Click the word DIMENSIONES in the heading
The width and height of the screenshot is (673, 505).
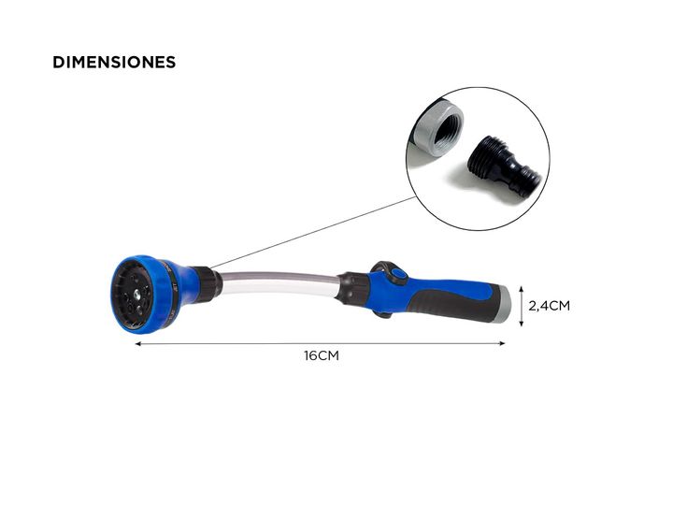tap(114, 63)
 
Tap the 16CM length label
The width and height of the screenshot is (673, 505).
tap(322, 356)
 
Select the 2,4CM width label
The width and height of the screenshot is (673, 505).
tap(549, 306)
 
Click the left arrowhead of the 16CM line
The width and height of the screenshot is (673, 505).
tap(138, 343)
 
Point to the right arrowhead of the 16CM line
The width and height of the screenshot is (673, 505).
tap(502, 343)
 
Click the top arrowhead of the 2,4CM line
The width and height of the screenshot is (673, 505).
tap(522, 288)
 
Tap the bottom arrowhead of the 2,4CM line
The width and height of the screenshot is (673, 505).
tap(522, 323)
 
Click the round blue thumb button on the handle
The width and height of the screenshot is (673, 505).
tap(400, 275)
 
